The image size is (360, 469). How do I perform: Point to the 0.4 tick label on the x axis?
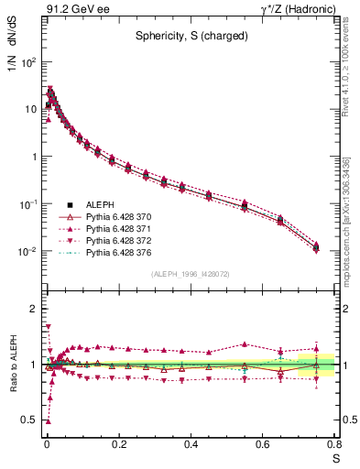click(191, 445)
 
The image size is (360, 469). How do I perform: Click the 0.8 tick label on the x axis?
click(334, 445)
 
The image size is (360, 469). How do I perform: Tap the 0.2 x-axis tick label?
click(119, 445)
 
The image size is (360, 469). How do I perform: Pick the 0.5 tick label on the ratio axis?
click(30, 420)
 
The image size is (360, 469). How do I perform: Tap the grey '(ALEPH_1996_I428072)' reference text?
click(189, 274)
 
